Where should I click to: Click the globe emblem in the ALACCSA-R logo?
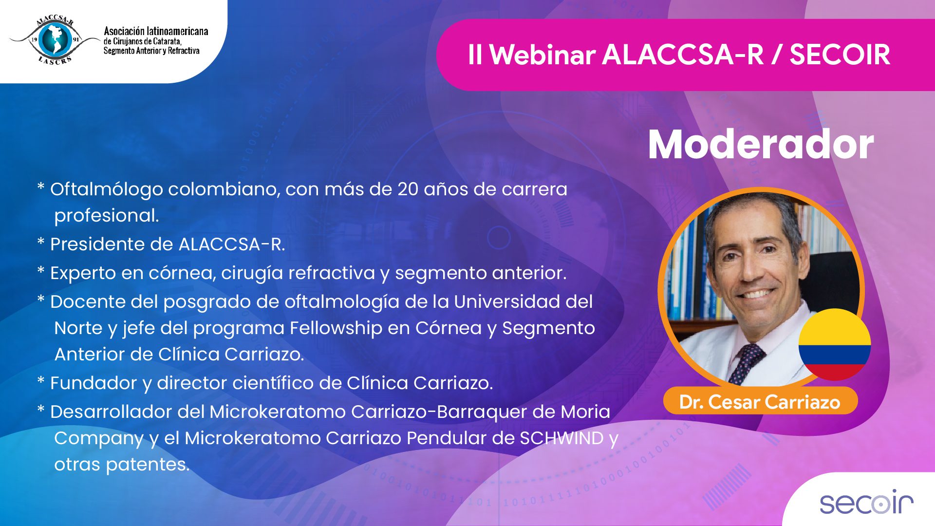[x=55, y=39]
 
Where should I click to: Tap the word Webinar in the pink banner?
[x=542, y=55]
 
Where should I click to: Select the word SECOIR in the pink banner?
[x=840, y=55]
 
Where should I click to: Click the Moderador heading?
[x=761, y=144]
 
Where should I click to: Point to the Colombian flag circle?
[x=835, y=344]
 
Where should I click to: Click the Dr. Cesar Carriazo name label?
[x=760, y=402]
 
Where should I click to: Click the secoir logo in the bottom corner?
[x=866, y=502]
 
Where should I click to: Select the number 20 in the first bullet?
[x=408, y=189]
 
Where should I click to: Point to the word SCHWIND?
[x=562, y=438]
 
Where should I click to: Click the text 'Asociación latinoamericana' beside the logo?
[x=156, y=31]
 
